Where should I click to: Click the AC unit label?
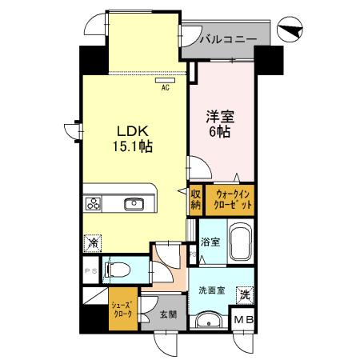(x=166, y=88)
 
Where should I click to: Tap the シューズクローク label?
(x=122, y=310)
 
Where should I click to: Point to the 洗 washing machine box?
(x=244, y=294)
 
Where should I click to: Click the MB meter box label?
(x=243, y=320)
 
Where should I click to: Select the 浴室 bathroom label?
(x=210, y=240)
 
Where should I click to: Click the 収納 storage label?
(x=195, y=200)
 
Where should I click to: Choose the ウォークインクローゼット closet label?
(x=231, y=200)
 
